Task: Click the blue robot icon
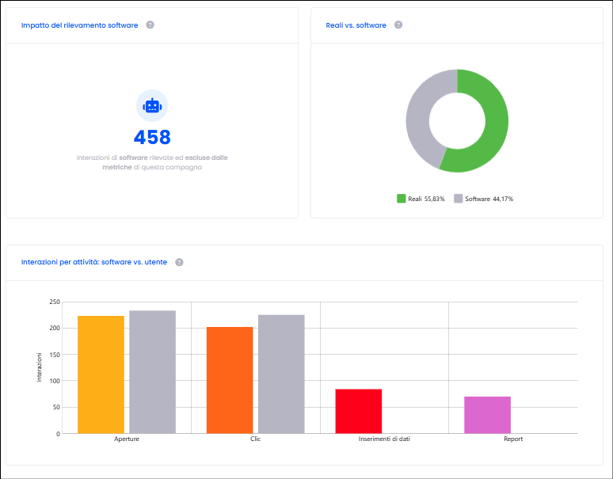click(152, 106)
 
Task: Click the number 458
click(152, 137)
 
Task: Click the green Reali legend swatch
click(401, 199)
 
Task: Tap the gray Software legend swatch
click(459, 199)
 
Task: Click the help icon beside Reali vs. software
click(398, 25)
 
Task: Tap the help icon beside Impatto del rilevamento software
click(150, 25)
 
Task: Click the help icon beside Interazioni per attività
click(179, 262)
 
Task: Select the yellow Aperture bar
click(101, 374)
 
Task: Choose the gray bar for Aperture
click(153, 372)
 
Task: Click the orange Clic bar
click(230, 380)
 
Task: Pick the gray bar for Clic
click(281, 374)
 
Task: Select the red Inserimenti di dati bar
click(359, 412)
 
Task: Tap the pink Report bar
click(488, 415)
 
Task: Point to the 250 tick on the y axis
click(55, 302)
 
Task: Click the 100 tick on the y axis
click(55, 381)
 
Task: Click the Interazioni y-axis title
click(39, 367)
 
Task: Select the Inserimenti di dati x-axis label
click(384, 439)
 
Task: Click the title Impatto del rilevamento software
click(80, 25)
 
